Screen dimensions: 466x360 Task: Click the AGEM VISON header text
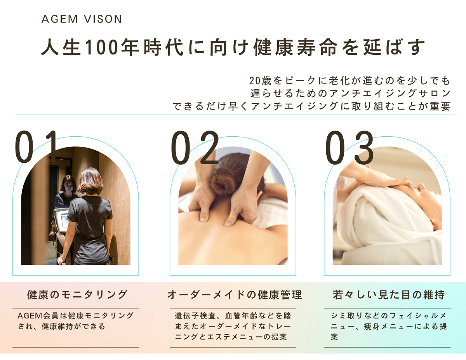(x=82, y=19)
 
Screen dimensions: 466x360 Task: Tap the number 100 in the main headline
(x=102, y=47)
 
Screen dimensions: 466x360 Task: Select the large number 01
(x=36, y=147)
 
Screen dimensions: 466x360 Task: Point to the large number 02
(x=195, y=147)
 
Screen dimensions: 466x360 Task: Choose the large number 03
(x=349, y=147)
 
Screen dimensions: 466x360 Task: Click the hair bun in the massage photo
(x=222, y=182)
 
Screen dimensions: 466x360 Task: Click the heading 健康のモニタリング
(x=77, y=294)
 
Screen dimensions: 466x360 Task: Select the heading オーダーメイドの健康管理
(x=235, y=294)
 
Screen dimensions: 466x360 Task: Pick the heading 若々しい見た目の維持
(x=389, y=294)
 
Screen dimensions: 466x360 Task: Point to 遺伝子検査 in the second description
(x=195, y=316)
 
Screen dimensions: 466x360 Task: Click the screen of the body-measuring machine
(x=65, y=221)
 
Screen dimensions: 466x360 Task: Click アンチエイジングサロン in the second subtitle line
(x=389, y=94)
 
